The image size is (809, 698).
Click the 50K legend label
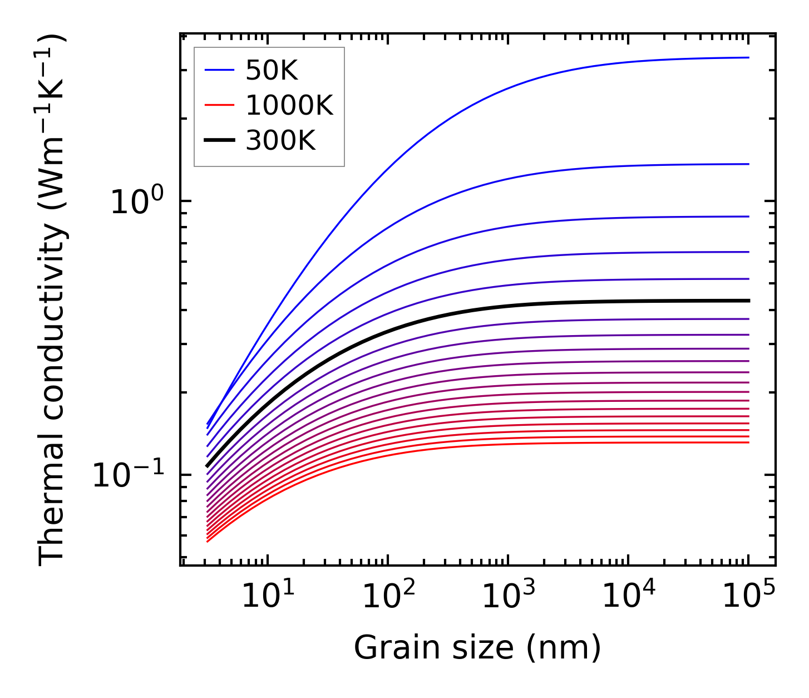[272, 71]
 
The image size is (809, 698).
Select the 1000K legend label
[289, 106]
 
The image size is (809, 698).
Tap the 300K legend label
[280, 141]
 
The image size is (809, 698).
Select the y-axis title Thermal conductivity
[53, 299]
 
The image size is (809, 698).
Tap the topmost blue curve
[501, 90]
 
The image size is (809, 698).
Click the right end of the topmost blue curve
[748, 57]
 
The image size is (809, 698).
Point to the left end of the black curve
[208, 466]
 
